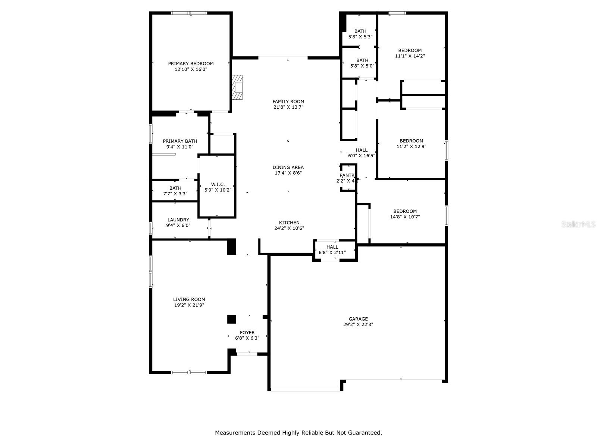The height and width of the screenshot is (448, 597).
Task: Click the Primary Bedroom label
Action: point(191,64)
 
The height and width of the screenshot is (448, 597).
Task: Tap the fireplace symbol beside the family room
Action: point(237,87)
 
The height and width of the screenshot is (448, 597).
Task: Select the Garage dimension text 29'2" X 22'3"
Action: point(358,325)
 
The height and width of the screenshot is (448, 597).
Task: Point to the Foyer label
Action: point(247,333)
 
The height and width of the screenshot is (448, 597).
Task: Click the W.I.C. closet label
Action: point(218,184)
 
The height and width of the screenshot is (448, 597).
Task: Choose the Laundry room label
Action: point(178,220)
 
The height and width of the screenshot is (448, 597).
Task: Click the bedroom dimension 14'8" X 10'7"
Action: point(405,217)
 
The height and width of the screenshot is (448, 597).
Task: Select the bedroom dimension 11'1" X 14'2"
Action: point(410,56)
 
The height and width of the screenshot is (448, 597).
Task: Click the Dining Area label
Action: point(288,168)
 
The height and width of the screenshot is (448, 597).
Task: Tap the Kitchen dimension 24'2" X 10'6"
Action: point(289,228)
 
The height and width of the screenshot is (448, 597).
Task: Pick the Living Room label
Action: point(189,299)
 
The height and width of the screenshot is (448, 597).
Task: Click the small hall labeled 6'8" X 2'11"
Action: point(332,250)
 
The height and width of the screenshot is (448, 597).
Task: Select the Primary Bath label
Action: point(180,141)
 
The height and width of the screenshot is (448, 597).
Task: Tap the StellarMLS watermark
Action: point(578,224)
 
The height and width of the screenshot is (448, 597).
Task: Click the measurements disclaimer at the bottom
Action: point(298,433)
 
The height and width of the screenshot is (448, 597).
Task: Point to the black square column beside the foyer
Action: point(232,319)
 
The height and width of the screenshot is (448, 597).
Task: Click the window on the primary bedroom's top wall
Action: point(189,13)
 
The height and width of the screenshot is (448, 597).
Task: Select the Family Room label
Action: point(288,102)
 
